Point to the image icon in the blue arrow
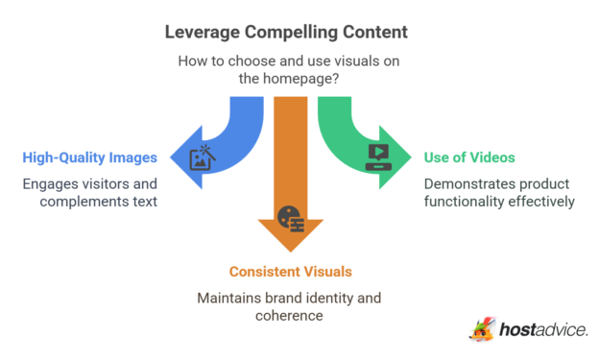coord(203,157)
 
